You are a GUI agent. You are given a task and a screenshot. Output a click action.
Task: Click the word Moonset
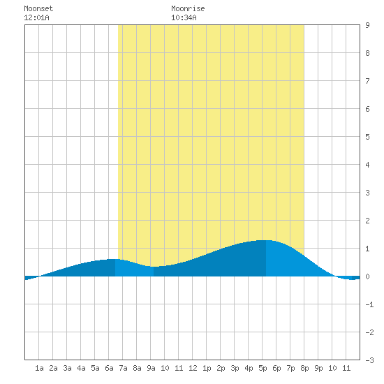pyautogui.click(x=38, y=8)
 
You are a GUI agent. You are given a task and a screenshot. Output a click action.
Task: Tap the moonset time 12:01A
pyautogui.click(x=36, y=17)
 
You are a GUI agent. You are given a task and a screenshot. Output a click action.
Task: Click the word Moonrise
pyautogui.click(x=188, y=8)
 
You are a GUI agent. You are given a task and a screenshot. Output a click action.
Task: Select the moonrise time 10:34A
pyautogui.click(x=184, y=17)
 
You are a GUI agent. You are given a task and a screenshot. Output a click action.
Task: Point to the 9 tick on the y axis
pyautogui.click(x=367, y=25)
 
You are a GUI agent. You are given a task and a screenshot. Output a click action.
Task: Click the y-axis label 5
pyautogui.click(x=367, y=137)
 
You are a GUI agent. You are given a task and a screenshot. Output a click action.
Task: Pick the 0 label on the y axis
pyautogui.click(x=367, y=276)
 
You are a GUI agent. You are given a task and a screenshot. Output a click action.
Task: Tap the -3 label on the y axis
pyautogui.click(x=369, y=360)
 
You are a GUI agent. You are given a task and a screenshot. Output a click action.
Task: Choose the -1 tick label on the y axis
pyautogui.click(x=369, y=304)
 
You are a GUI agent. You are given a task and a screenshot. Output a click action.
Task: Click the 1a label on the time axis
pyautogui.click(x=39, y=368)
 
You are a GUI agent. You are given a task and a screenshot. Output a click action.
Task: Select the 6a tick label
pyautogui.click(x=109, y=368)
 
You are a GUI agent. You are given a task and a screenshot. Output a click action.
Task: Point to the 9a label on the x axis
pyautogui.click(x=151, y=368)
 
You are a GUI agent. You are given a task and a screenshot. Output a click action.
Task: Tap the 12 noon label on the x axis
pyautogui.click(x=193, y=368)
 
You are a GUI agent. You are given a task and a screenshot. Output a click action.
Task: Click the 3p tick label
pyautogui.click(x=235, y=368)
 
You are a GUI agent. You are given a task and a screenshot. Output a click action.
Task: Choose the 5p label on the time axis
pyautogui.click(x=263, y=368)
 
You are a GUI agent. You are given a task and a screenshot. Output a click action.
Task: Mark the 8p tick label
pyautogui.click(x=304, y=368)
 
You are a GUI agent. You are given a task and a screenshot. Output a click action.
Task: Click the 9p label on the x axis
pyautogui.click(x=318, y=368)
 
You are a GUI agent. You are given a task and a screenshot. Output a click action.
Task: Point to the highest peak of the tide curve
pyautogui.click(x=266, y=240)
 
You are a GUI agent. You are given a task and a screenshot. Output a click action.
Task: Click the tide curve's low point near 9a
pyautogui.click(x=154, y=267)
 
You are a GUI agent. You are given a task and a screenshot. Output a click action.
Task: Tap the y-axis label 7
pyautogui.click(x=367, y=81)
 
